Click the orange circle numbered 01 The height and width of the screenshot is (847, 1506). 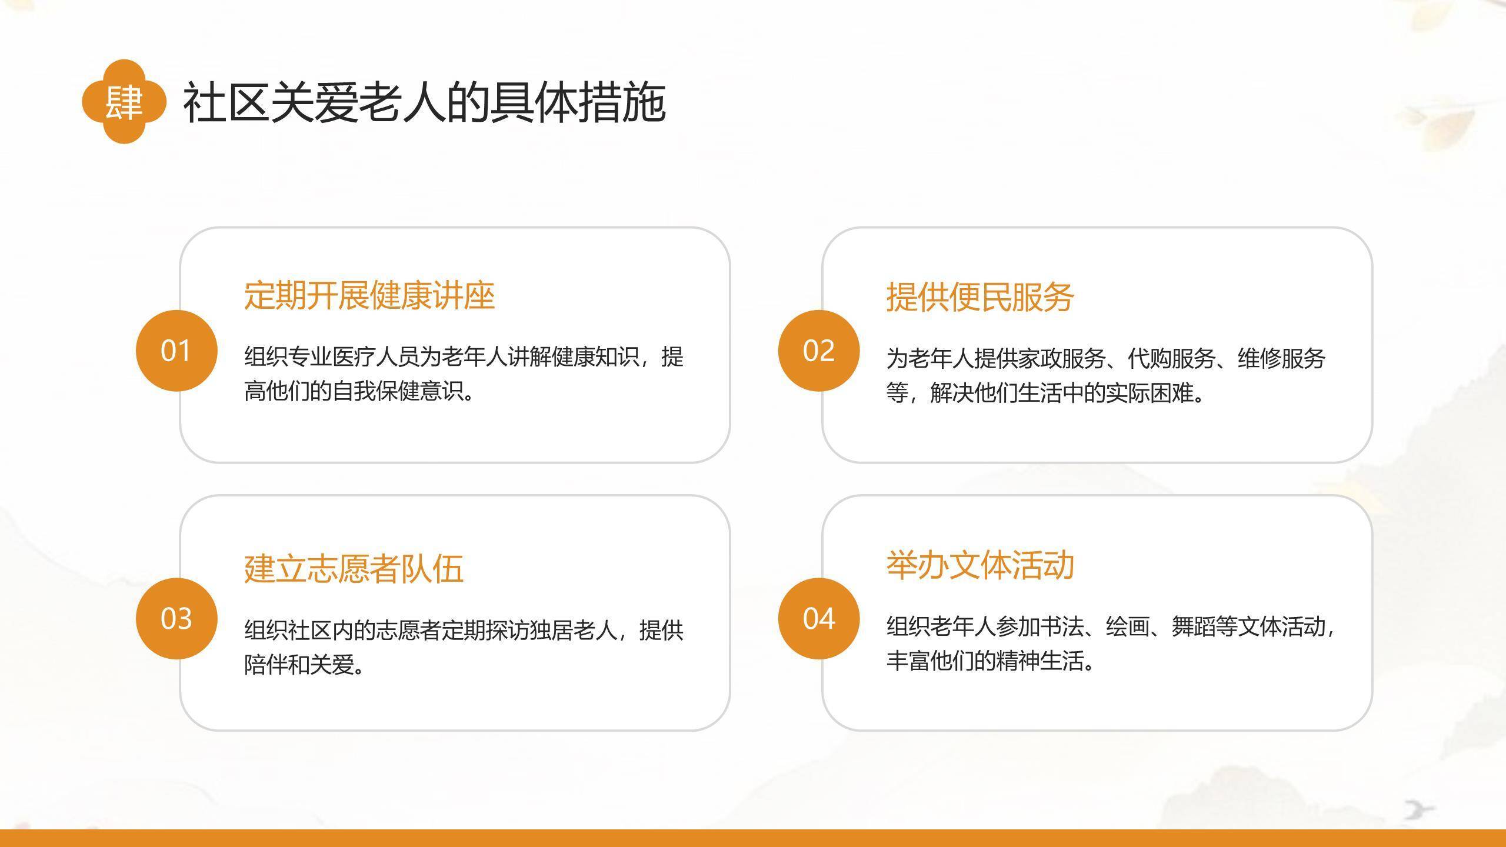pos(176,351)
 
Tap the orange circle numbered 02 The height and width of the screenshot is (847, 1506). pos(819,351)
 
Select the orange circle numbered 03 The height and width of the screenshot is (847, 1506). pos(176,618)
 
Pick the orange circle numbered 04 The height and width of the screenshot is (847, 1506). pos(819,618)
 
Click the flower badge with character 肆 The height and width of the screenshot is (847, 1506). pos(124,102)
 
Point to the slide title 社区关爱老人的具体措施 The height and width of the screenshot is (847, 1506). pos(424,103)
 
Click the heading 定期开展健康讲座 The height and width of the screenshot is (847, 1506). pos(369,295)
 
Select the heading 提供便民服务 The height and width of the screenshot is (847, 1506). pos(980,296)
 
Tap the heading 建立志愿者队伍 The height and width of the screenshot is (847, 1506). pos(354,569)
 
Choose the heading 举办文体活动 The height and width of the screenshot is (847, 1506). pos(980,565)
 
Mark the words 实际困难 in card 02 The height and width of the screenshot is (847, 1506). pos(1150,393)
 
